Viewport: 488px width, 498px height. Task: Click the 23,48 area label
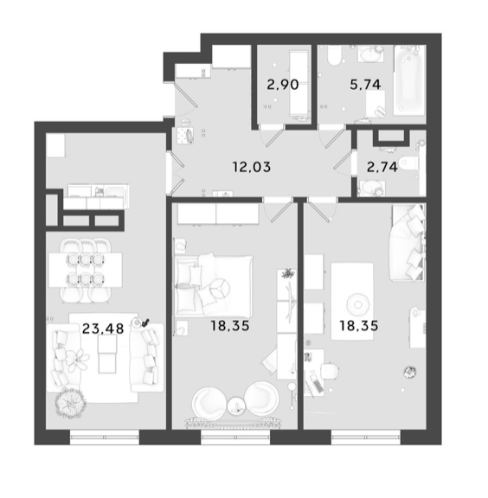pos(103,329)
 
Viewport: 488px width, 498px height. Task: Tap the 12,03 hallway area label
pos(252,167)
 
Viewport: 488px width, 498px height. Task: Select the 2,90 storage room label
pos(283,85)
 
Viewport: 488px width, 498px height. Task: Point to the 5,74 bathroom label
pos(365,85)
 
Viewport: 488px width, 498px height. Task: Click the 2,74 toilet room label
pos(382,167)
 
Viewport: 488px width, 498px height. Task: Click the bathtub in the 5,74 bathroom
pos(409,80)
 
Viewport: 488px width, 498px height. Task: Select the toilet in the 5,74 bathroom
pos(334,55)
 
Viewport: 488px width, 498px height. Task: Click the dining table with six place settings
pos(85,270)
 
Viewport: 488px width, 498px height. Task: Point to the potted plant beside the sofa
pos(70,403)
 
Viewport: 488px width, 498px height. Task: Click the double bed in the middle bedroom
pos(214,286)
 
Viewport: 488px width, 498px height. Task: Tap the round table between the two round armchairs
pos(236,405)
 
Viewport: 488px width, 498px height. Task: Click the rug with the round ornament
pos(352,301)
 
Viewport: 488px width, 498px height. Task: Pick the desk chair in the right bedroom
pos(330,371)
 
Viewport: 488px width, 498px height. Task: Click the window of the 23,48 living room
pos(105,437)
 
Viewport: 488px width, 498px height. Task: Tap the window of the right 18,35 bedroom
pos(366,437)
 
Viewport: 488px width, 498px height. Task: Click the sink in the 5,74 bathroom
pos(370,54)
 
